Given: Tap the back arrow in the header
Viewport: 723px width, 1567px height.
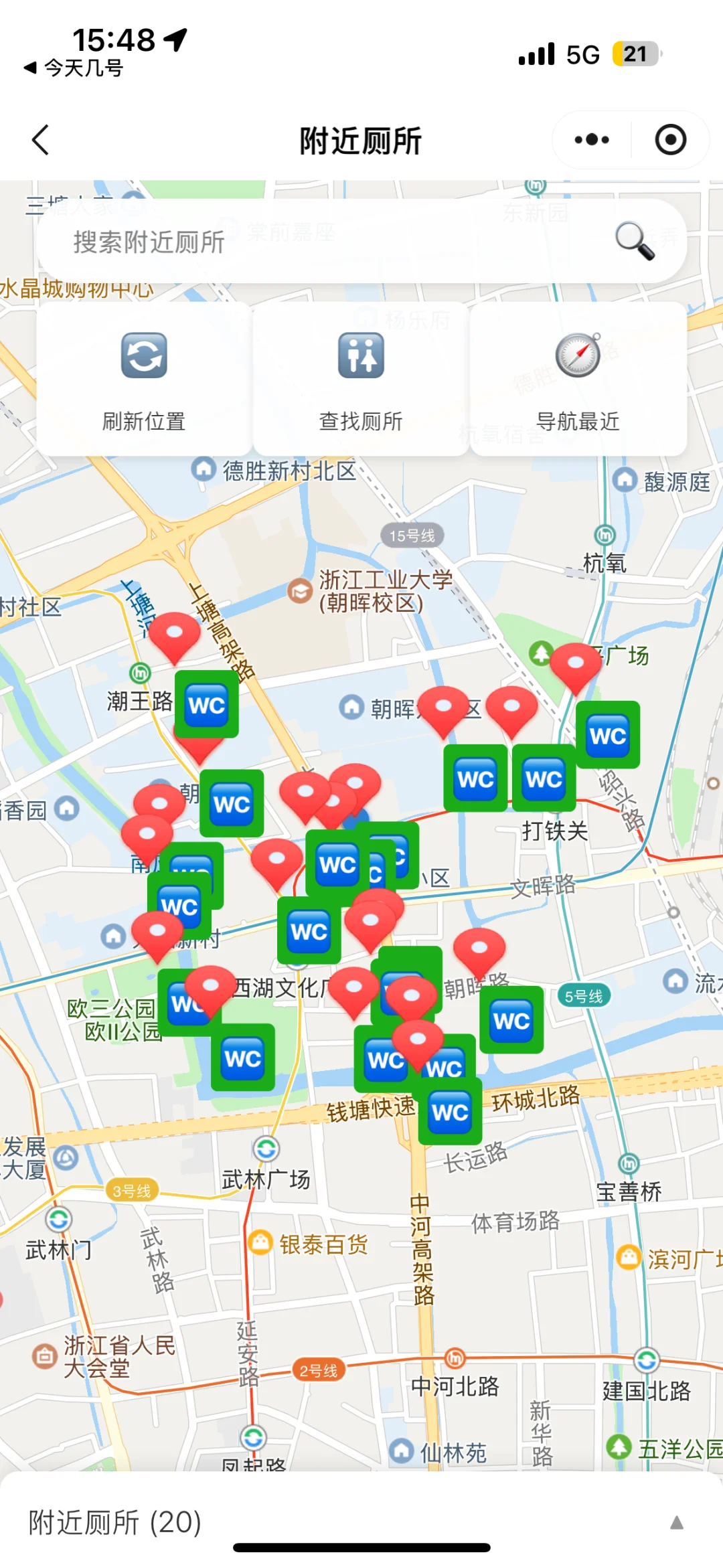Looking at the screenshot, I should coord(41,140).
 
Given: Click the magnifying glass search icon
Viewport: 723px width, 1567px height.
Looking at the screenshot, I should coord(634,240).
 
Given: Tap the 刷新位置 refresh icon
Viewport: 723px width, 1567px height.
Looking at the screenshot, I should coord(144,355).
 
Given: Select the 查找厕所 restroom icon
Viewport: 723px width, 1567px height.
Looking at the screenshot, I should coord(361,355).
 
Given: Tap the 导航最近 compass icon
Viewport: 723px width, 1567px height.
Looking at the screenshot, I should coord(578,355).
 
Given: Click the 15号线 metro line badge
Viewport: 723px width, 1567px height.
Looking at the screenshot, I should coord(412,535).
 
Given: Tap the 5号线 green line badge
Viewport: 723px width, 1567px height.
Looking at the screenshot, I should coord(583,996).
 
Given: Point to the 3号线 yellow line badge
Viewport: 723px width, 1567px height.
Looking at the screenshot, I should coord(132,1191).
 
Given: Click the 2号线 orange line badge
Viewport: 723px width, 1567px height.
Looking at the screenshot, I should coord(319,1370).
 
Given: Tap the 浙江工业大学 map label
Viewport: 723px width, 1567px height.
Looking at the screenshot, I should coord(385,590).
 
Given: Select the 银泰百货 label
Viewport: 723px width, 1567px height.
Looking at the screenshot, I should coord(323,1244).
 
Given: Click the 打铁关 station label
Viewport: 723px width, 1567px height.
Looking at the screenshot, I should coord(555,831).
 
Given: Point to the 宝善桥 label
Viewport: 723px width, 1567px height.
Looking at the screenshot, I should coord(629,1191).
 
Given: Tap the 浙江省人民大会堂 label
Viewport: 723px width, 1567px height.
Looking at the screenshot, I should coord(119,1356).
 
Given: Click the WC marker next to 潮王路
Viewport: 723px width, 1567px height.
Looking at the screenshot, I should coord(207,705).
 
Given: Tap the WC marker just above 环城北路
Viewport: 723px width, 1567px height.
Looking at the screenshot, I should coord(450,1112).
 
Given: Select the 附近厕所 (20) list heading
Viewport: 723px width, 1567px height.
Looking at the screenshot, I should coord(115,1522).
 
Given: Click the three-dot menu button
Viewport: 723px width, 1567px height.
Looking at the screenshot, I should coord(592,140).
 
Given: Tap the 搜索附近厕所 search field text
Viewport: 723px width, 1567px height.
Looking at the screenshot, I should coord(149,242).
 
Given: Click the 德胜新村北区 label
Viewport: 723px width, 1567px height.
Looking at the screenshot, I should coord(289,471).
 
